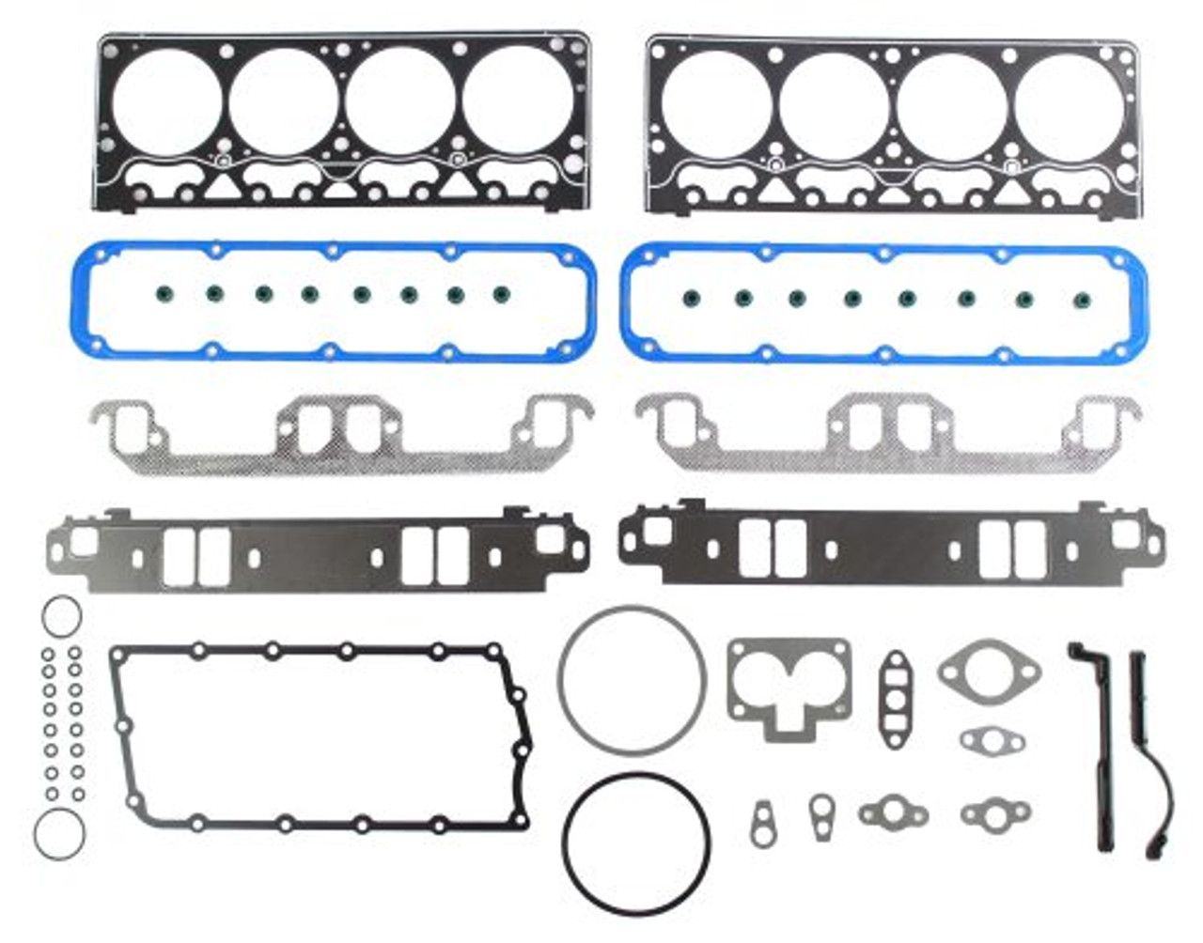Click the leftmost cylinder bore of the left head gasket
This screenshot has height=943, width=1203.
point(166,100)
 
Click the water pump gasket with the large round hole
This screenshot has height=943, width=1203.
point(989,672)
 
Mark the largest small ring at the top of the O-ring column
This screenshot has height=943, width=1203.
point(62,616)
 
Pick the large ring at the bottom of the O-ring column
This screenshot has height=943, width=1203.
point(59,832)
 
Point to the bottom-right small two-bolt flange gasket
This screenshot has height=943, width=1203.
point(995,813)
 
